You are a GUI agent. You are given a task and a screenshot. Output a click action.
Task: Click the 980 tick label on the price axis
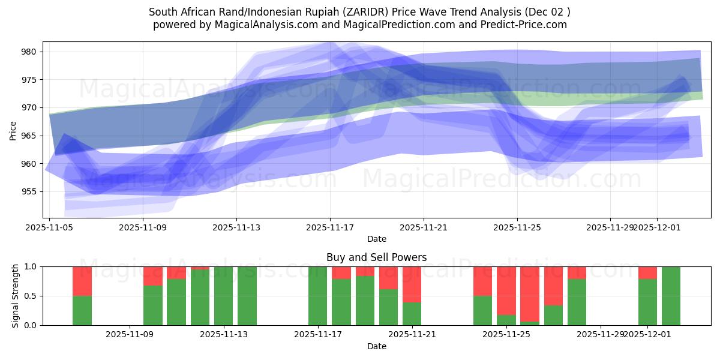tap(29, 52)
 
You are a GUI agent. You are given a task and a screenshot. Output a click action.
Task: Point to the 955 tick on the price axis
tap(29, 192)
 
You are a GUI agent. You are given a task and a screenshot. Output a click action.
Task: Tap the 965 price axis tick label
tap(29, 136)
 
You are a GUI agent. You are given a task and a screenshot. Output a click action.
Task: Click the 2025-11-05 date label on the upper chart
tap(49, 227)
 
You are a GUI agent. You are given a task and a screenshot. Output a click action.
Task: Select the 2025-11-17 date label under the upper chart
tap(330, 227)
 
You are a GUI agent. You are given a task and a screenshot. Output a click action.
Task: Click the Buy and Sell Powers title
tap(376, 257)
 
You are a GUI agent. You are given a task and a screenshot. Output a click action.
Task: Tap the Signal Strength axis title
tap(15, 295)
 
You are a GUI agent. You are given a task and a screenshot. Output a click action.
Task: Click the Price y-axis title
tap(13, 130)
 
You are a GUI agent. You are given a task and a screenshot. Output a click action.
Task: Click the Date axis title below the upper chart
tap(376, 239)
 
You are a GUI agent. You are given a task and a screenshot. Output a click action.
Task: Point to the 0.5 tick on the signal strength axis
tap(29, 296)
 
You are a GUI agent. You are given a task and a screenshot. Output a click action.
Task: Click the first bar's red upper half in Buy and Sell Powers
tap(82, 281)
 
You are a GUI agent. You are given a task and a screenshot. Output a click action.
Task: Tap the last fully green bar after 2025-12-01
tap(671, 296)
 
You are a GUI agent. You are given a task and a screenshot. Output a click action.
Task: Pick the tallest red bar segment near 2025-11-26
tap(530, 293)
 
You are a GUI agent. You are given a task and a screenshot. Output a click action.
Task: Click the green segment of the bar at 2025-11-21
tap(412, 313)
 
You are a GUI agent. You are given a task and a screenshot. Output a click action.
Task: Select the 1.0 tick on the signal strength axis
tap(29, 266)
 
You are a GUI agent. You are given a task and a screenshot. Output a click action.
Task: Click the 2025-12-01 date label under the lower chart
tap(647, 334)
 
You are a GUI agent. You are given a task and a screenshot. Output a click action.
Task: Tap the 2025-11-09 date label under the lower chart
tap(130, 334)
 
